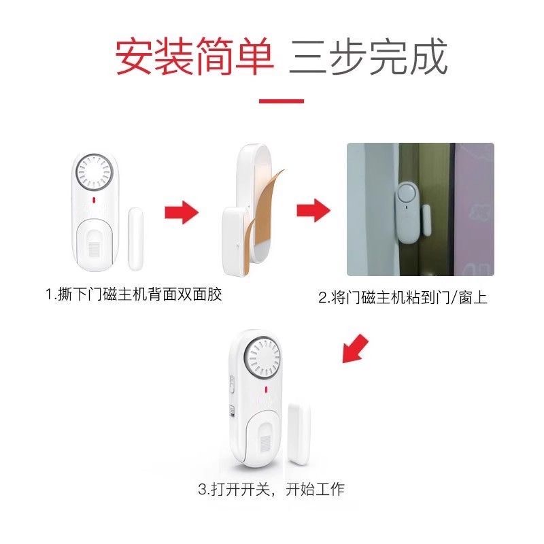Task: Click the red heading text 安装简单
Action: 194,56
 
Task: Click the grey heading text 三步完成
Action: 369,56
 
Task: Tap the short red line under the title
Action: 282,101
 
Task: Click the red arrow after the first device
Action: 182,212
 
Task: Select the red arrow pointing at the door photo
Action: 313,210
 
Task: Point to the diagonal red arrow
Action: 355,349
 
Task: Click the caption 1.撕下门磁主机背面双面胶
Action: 134,294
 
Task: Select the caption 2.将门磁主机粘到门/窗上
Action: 403,298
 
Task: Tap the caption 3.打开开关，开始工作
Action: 271,490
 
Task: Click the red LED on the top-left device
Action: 94,200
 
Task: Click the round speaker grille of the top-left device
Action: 94,171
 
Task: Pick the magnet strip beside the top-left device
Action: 135,239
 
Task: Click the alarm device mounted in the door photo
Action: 407,213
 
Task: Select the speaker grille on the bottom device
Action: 262,360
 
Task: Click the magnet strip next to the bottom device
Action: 299,435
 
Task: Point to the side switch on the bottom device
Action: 231,384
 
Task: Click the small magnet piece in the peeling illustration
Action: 235,240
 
